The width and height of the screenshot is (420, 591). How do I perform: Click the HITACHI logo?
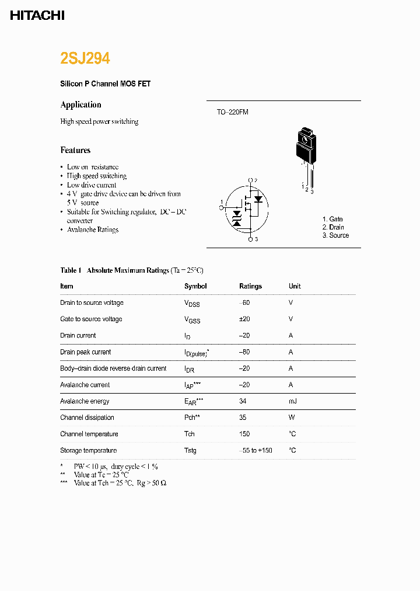(37, 16)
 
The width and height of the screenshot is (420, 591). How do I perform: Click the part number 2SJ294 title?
(85, 58)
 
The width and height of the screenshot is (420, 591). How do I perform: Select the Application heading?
(80, 105)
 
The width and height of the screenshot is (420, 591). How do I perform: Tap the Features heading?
(75, 150)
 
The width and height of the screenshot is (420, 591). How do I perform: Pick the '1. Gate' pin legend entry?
(332, 219)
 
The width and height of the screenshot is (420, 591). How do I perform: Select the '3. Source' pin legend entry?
(335, 235)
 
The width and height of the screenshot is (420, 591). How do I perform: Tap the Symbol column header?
(195, 286)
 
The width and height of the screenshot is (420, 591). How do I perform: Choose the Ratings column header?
(250, 286)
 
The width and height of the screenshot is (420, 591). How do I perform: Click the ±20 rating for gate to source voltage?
(246, 319)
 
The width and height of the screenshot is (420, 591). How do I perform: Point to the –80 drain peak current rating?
(245, 352)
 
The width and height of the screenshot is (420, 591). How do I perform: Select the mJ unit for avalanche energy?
(292, 401)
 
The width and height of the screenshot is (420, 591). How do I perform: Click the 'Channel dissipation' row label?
(87, 418)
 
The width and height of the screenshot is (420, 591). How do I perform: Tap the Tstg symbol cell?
(190, 450)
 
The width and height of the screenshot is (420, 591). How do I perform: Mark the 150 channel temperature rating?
(244, 434)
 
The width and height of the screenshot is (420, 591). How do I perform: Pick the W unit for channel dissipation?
(291, 418)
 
